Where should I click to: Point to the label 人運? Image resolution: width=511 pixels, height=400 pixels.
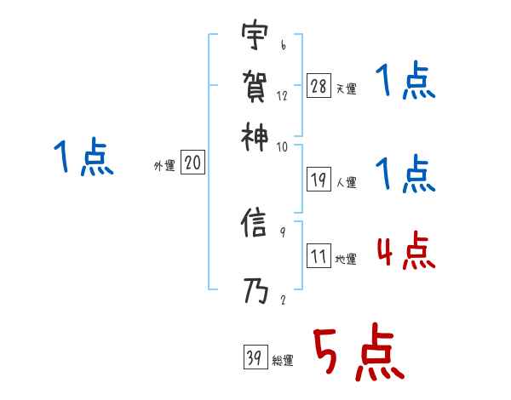coord(346,181)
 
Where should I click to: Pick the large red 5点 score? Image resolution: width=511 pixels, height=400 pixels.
coord(358,354)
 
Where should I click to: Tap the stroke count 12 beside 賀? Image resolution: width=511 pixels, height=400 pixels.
coord(282,95)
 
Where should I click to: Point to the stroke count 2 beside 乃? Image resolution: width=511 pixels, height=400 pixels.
coord(282,300)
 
